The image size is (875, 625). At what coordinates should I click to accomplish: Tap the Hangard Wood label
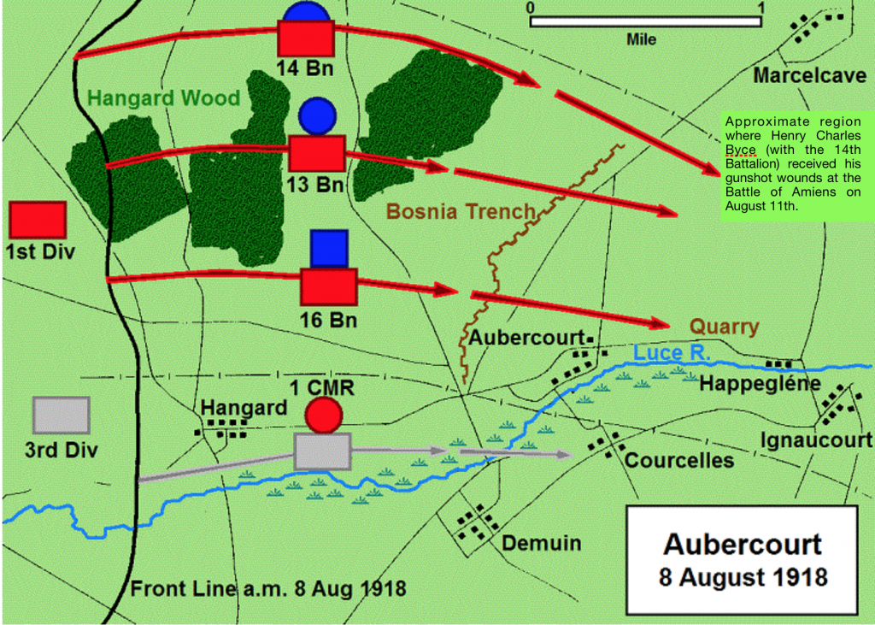(163, 97)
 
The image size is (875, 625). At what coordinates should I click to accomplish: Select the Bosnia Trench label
(461, 211)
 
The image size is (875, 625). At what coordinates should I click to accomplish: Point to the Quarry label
(724, 326)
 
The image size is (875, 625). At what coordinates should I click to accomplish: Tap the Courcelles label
(679, 460)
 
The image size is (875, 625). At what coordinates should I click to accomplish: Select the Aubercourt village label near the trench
(531, 335)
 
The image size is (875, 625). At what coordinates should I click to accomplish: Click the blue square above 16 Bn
(328, 248)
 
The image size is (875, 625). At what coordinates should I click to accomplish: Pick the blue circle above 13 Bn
(317, 115)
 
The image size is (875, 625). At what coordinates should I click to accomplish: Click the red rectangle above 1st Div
(38, 220)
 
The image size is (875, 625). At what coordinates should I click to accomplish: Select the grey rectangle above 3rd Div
(61, 416)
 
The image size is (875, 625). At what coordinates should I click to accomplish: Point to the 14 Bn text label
(304, 68)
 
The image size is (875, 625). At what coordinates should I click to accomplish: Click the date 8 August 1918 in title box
(743, 576)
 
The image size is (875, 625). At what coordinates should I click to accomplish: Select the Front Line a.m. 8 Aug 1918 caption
(267, 589)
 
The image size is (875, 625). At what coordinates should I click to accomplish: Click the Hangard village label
(244, 408)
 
